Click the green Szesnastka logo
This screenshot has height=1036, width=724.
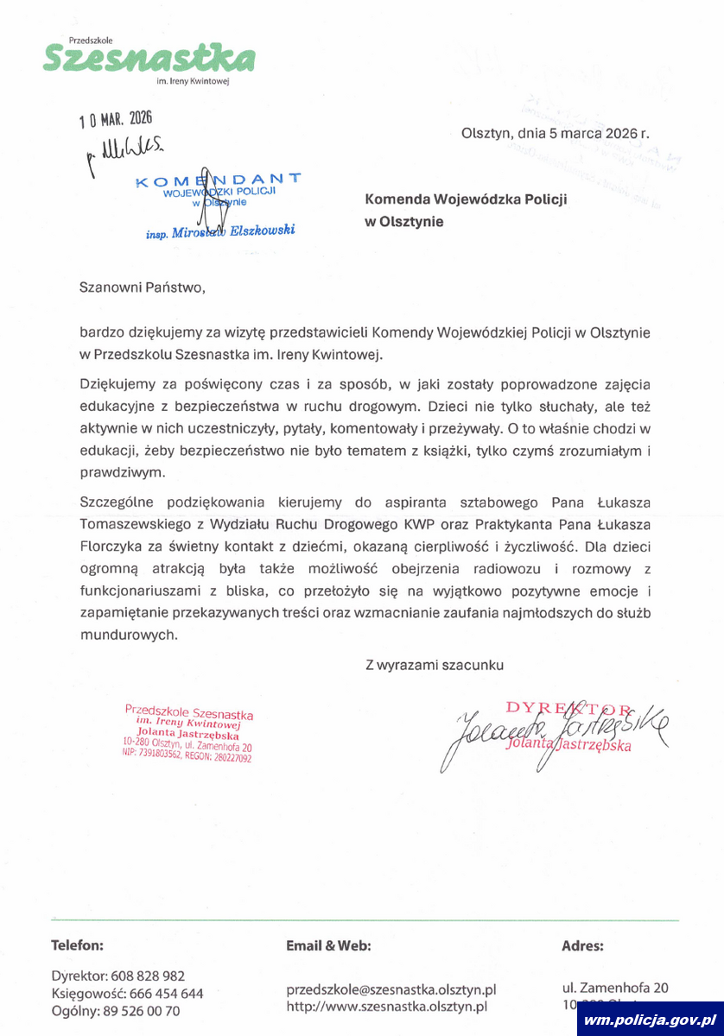[x=149, y=59]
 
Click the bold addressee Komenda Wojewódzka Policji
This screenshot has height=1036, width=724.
[x=467, y=199]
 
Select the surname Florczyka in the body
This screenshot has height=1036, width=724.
[x=109, y=546]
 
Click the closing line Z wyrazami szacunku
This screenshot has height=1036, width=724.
[x=435, y=665]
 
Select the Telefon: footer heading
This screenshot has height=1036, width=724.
[x=78, y=945]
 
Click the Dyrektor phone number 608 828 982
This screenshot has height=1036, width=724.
[x=148, y=976]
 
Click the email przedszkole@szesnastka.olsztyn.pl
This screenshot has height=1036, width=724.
[x=391, y=989]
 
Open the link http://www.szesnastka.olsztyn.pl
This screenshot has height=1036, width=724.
[x=386, y=1006]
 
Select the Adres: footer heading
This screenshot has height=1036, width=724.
[x=583, y=945]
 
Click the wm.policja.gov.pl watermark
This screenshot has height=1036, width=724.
[x=650, y=1020]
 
